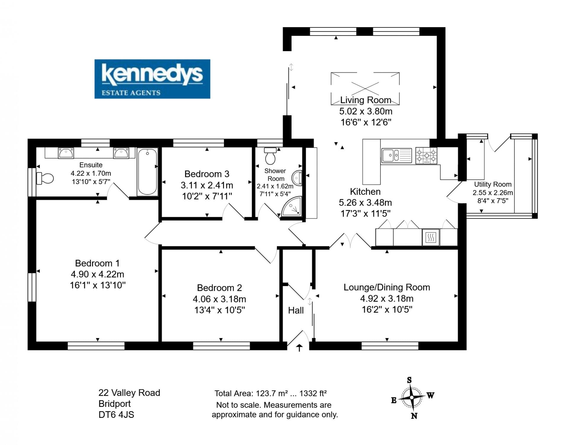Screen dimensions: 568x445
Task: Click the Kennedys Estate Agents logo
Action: [x=152, y=79]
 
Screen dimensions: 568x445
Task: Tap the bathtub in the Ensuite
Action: [x=147, y=172]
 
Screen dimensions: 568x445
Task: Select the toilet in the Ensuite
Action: [x=45, y=178]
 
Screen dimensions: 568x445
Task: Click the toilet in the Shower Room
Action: [x=270, y=156]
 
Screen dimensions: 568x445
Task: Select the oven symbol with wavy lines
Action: [x=431, y=237]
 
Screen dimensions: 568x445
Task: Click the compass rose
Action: [x=412, y=397]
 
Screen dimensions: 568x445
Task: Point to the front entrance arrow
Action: [x=299, y=348]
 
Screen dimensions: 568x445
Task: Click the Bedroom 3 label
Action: [x=207, y=174]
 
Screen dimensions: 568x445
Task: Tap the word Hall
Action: [x=296, y=310]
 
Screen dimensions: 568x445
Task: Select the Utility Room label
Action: [x=493, y=184]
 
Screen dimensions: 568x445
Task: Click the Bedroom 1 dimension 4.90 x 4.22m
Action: [x=97, y=274]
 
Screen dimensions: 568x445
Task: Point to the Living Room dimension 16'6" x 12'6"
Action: [x=366, y=122]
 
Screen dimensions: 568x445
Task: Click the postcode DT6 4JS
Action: [x=116, y=415]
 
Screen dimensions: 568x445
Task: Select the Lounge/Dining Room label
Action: [x=387, y=287]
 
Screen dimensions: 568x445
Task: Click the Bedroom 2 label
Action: [x=220, y=288]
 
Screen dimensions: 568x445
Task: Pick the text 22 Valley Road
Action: [x=129, y=393]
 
